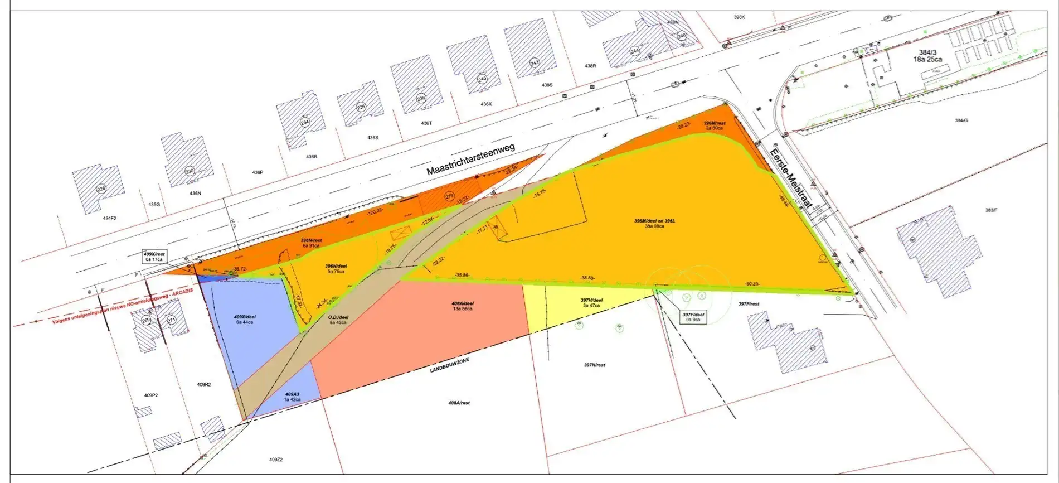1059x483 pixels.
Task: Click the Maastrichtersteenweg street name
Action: (470, 159)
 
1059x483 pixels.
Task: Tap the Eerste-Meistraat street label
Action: (790, 177)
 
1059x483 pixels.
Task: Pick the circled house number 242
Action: (535, 63)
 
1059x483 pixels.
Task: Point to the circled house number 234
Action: (304, 122)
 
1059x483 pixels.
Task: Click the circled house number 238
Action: (421, 98)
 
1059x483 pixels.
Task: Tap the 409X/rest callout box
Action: (154, 257)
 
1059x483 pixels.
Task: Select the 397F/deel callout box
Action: (693, 317)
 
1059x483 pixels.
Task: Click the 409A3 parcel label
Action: (292, 397)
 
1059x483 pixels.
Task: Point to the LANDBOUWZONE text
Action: (449, 365)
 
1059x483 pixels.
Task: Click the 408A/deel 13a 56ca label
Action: (463, 306)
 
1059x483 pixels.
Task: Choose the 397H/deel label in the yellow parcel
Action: (591, 302)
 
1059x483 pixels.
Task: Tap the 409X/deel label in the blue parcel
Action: (245, 319)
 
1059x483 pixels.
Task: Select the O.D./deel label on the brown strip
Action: (338, 319)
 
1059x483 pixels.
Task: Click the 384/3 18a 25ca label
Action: (927, 56)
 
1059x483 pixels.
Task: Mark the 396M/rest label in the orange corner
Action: (714, 125)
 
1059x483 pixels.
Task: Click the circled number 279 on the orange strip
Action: (450, 196)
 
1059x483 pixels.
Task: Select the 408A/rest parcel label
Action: (459, 403)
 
